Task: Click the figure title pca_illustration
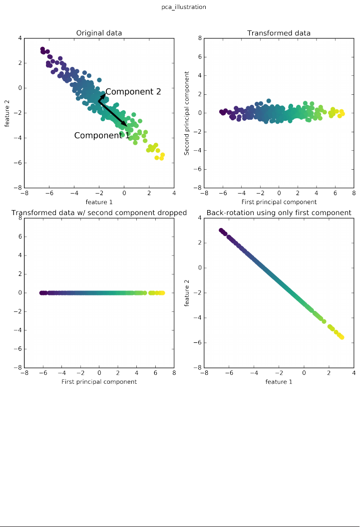click(x=180, y=7)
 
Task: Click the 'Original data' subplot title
click(x=99, y=33)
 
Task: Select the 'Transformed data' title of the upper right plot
click(x=279, y=33)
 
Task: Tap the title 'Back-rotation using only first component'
click(x=279, y=213)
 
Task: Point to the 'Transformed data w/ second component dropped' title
click(x=99, y=213)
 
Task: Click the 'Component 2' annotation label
click(x=133, y=92)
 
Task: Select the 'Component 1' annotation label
click(x=102, y=135)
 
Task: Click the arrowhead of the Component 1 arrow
click(x=125, y=124)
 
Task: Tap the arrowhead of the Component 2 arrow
click(x=103, y=93)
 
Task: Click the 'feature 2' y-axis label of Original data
click(x=7, y=113)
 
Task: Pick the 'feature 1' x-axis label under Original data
click(x=99, y=202)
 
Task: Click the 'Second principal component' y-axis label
click(x=187, y=113)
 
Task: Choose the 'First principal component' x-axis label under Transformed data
click(x=279, y=202)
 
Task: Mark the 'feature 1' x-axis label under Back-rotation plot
click(x=279, y=382)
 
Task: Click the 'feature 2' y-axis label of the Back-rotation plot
click(x=187, y=292)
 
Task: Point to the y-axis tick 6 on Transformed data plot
click(x=199, y=57)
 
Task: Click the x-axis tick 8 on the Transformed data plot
click(x=354, y=193)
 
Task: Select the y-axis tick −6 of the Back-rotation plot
click(x=197, y=342)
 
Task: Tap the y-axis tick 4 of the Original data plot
click(x=19, y=38)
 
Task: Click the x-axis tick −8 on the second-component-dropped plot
click(x=23, y=373)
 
